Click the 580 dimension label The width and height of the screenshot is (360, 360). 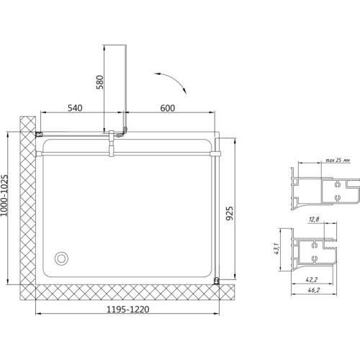[100, 82]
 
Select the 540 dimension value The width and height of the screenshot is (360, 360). [75, 108]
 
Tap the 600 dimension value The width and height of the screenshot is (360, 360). [168, 108]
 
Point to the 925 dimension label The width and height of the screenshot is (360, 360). [230, 213]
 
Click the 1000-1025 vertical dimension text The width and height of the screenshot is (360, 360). [4, 195]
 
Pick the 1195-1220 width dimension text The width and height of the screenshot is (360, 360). [127, 310]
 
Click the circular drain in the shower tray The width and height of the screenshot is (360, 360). [61, 258]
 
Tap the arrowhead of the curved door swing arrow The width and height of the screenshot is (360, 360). [184, 91]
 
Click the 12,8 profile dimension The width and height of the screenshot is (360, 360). [314, 219]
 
